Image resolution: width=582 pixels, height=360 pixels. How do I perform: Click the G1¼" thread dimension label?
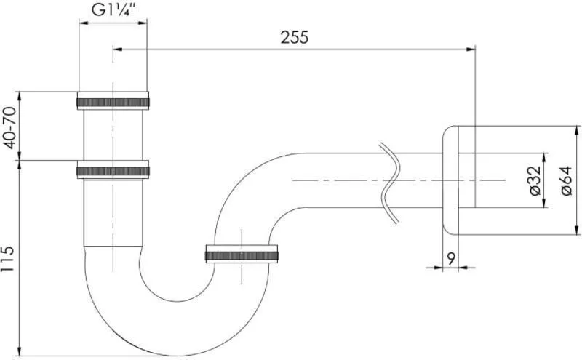(113, 10)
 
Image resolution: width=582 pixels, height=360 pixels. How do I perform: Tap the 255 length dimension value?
(295, 38)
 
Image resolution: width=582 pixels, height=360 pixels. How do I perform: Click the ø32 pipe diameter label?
(535, 181)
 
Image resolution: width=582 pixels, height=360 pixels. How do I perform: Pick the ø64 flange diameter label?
(567, 181)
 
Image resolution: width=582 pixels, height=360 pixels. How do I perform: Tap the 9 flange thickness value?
(451, 259)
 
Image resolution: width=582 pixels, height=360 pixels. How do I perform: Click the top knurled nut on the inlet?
(113, 100)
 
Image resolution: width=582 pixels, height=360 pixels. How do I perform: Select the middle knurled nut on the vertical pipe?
(113, 170)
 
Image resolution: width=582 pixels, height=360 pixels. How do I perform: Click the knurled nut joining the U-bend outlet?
(242, 255)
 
